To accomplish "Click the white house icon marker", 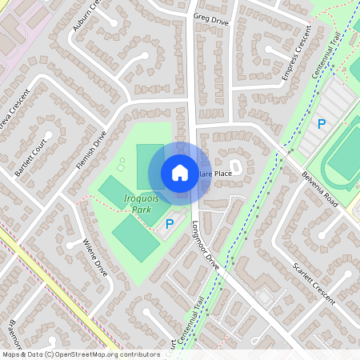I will (x=180, y=172).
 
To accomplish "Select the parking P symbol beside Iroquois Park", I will (x=169, y=224).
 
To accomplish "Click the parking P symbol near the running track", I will (x=322, y=124).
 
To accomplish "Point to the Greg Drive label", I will (x=210, y=18).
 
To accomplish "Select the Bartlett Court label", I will (x=26, y=160).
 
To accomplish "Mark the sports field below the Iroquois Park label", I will (x=134, y=237).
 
